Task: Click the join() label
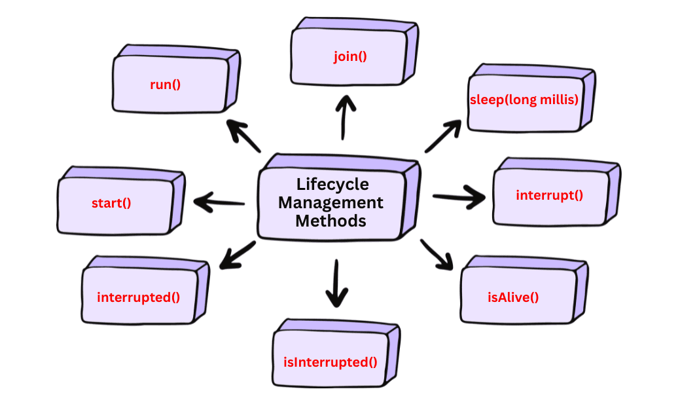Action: point(349,56)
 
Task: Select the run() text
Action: point(165,84)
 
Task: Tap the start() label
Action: point(111,202)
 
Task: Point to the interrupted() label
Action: point(138,297)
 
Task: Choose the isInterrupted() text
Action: point(330,362)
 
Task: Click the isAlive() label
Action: point(513,297)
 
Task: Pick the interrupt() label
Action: point(549,194)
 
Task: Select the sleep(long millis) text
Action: point(524,100)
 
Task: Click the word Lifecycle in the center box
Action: point(332,184)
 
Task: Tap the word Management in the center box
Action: point(331,202)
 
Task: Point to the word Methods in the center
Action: point(331,221)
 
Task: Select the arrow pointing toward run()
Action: point(243,136)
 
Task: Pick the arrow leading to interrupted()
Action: point(237,255)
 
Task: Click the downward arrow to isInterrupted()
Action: point(336,283)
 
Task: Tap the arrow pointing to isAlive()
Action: point(437,254)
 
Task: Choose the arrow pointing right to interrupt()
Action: point(459,197)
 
